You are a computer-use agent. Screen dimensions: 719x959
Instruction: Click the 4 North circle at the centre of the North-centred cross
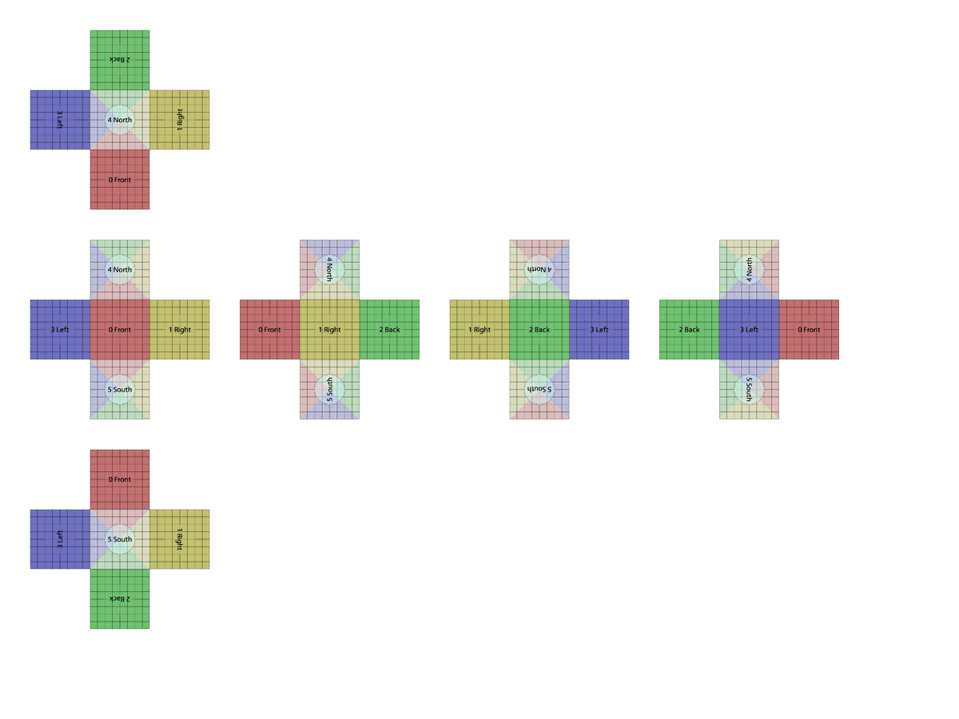click(120, 120)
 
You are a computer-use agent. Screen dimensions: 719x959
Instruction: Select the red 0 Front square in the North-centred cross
click(120, 180)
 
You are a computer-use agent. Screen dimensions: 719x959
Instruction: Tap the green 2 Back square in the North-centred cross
click(120, 60)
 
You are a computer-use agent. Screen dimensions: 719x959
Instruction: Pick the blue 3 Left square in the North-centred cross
click(60, 120)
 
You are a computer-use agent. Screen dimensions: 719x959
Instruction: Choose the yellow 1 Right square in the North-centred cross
click(180, 120)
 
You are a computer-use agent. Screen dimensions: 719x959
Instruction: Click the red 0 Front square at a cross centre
click(120, 329)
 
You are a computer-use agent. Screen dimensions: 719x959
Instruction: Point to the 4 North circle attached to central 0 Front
click(120, 269)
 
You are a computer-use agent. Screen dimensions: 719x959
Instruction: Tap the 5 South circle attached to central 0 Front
click(120, 389)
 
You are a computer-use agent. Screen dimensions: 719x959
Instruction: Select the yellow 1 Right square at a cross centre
click(329, 329)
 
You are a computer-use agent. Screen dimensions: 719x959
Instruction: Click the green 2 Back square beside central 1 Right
click(389, 329)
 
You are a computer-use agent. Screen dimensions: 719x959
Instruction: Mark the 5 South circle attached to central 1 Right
click(329, 389)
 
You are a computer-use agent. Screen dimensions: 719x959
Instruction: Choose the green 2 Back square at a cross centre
click(539, 329)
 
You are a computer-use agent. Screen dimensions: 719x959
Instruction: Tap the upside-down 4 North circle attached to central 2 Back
click(539, 269)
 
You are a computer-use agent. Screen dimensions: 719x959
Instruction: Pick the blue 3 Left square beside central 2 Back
click(599, 329)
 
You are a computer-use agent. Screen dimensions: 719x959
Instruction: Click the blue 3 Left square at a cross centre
click(749, 329)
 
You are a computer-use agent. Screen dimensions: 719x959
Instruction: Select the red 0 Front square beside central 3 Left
click(809, 329)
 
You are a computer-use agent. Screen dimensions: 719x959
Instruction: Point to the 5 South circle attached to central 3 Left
click(749, 389)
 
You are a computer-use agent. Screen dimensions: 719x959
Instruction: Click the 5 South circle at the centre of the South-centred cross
click(120, 539)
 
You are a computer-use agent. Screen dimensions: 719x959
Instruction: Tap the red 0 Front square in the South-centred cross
click(120, 479)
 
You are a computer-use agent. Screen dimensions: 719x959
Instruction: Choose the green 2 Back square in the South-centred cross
click(120, 599)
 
